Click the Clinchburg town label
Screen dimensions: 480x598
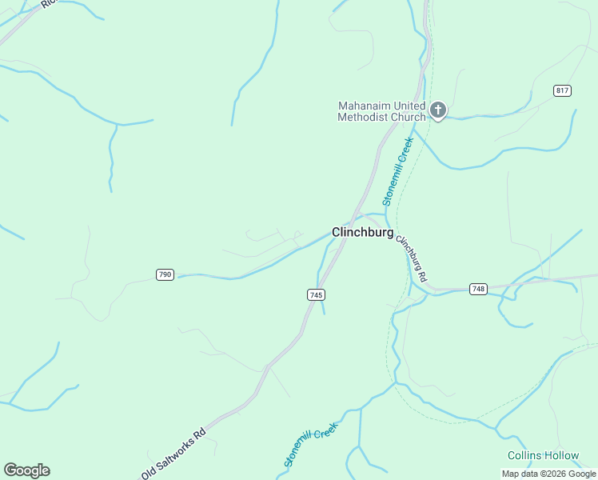362,233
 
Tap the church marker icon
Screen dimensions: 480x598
437,110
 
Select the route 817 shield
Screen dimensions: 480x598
562,90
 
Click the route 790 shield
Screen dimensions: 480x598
165,274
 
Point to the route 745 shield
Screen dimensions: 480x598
316,294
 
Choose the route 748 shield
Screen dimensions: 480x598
478,289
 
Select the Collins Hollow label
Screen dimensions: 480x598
543,455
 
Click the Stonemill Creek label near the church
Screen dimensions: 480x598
397,172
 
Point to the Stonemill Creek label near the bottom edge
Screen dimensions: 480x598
311,445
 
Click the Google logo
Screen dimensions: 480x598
26,470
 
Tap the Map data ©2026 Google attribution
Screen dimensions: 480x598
549,474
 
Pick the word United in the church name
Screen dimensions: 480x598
412,106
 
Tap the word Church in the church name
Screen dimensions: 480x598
409,117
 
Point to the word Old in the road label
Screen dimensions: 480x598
150,470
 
